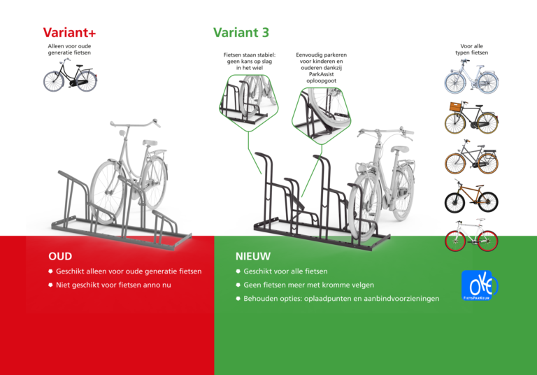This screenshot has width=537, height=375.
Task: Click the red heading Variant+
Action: tap(69, 33)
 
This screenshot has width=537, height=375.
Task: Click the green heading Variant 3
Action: tap(241, 32)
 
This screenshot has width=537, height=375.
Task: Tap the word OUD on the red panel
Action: tap(60, 256)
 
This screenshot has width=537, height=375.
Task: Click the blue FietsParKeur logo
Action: tap(478, 285)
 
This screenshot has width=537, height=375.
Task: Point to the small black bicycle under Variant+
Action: tap(69, 76)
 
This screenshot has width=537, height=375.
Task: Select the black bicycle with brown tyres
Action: tap(471, 198)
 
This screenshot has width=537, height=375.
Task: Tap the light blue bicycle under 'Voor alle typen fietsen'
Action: tap(471, 77)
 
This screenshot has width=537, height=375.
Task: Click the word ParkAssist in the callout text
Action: tap(322, 73)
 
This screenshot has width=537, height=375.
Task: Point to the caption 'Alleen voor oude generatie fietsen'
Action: tap(69, 49)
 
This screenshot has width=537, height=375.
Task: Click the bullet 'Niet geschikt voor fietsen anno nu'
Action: tap(113, 285)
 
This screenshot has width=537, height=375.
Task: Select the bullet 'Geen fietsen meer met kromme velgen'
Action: tap(308, 285)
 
